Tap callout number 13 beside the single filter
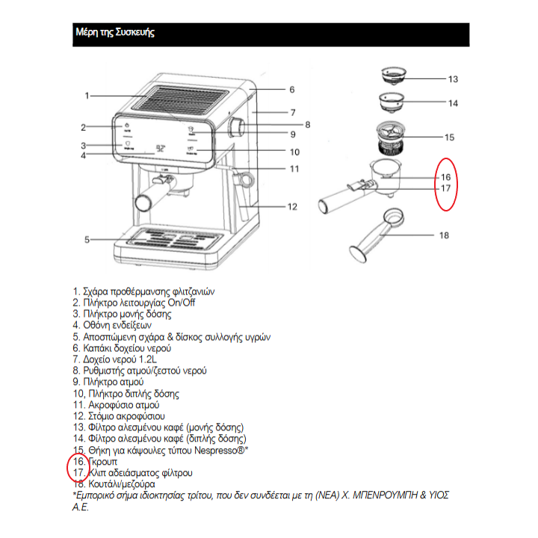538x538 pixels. point(453,78)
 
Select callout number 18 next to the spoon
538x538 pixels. point(444,235)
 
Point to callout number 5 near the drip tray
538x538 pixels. point(87,239)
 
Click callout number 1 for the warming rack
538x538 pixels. point(87,95)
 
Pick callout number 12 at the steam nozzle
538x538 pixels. point(292,206)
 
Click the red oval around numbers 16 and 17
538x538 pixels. point(446,184)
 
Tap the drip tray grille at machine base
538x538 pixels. point(174,239)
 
